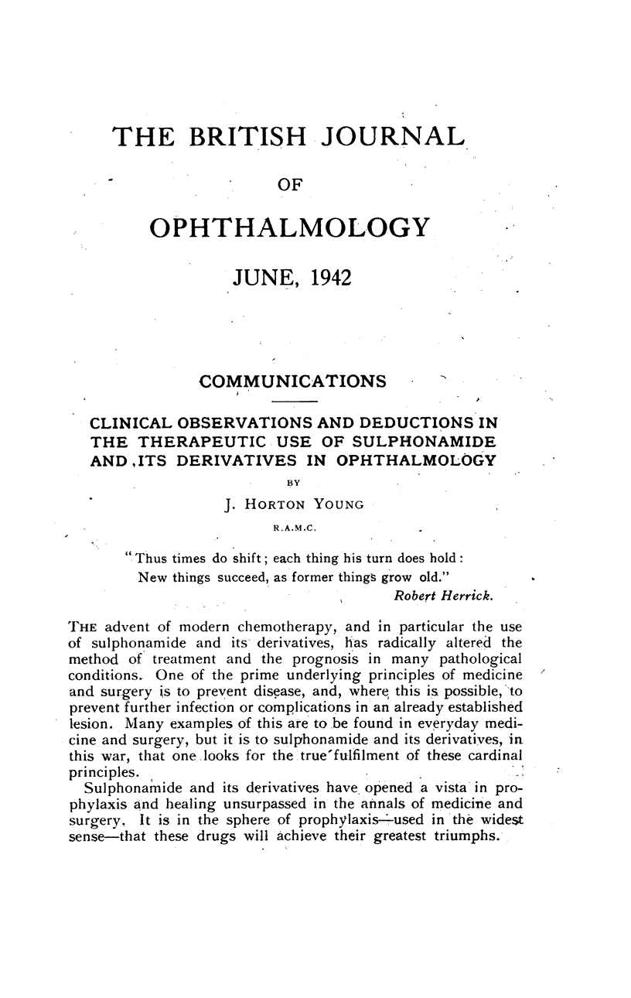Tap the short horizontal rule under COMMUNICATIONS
[295, 402]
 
